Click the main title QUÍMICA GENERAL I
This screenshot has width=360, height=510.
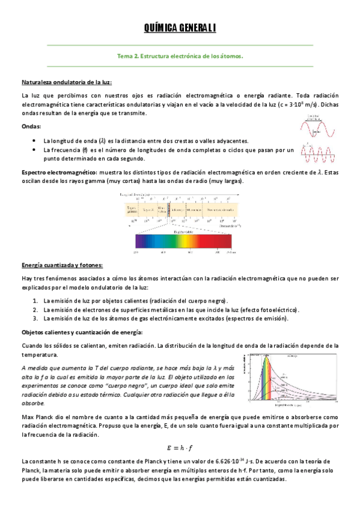tap(180, 28)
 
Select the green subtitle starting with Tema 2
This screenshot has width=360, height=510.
tap(180, 55)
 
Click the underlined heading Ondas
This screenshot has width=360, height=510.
tap(31, 126)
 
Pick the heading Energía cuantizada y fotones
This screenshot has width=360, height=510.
tap(62, 265)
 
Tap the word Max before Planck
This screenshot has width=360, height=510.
tap(27, 416)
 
